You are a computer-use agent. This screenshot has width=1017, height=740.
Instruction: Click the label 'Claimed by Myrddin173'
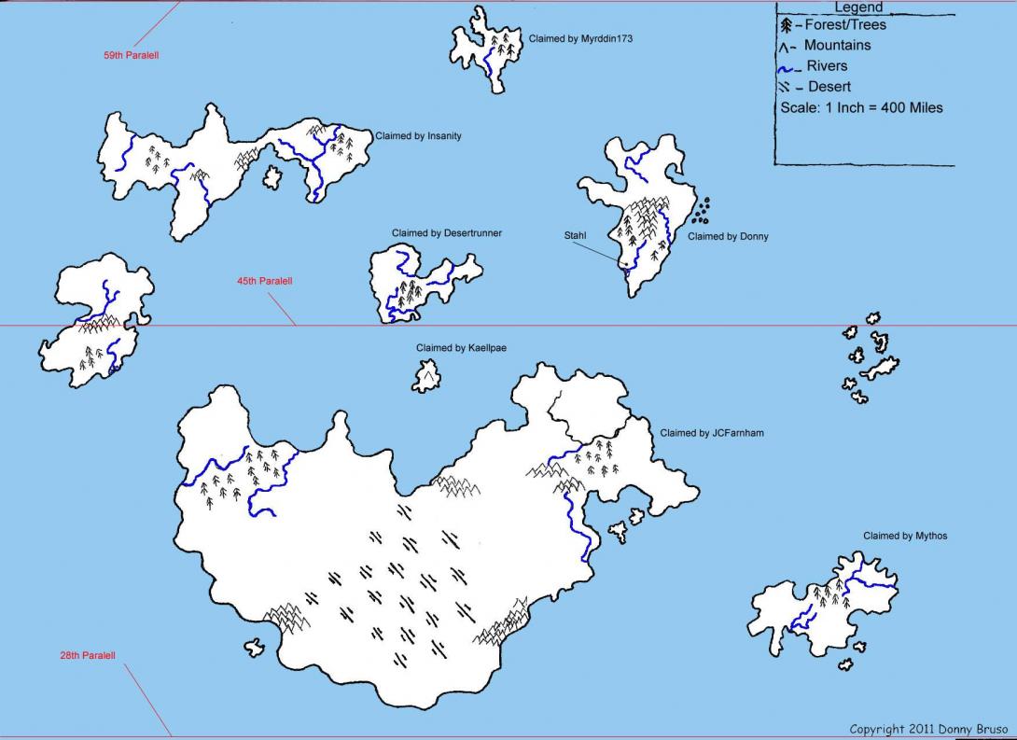574,39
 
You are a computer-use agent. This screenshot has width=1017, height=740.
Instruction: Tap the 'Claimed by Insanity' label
418,136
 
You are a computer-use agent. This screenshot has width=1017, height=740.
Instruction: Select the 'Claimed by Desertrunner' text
446,233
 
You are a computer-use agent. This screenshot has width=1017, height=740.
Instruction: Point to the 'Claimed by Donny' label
728,237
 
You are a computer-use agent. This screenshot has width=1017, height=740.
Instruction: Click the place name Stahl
575,236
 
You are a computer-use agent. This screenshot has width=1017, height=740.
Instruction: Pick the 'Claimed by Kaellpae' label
461,348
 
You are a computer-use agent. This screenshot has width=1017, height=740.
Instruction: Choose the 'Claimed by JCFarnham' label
712,433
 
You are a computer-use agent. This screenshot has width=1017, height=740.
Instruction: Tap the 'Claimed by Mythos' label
905,536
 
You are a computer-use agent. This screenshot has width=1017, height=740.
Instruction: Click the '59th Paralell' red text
131,56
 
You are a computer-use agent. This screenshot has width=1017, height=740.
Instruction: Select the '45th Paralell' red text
264,281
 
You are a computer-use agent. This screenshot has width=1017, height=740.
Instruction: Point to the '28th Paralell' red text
88,656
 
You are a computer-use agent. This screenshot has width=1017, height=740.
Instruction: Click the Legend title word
857,8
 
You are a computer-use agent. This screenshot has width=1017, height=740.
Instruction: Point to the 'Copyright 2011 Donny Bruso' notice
929,729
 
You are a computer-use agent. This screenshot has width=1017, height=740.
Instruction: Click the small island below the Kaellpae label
426,377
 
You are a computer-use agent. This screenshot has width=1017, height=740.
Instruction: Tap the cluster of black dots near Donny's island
701,211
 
